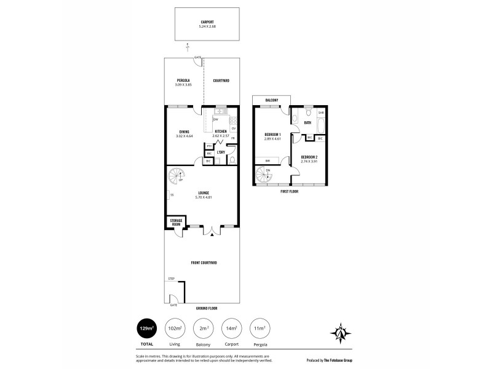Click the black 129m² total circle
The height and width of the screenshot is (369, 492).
tap(146, 329)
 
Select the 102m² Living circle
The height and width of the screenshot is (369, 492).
tap(175, 329)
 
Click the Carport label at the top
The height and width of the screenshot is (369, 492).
tap(207, 22)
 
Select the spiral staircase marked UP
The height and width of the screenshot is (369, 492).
tap(177, 178)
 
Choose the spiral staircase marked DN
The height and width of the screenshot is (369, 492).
tap(266, 176)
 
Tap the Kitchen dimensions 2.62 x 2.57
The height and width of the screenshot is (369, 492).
tap(220, 135)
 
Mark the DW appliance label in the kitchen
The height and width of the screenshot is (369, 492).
tap(216, 119)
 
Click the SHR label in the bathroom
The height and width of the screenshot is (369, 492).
tap(320, 113)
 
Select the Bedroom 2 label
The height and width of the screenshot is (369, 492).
tap(309, 157)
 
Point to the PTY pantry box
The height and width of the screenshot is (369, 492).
tap(209, 146)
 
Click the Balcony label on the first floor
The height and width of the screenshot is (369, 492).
tap(272, 100)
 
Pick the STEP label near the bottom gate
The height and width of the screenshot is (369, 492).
tap(171, 279)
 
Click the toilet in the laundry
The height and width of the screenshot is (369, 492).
tap(231, 160)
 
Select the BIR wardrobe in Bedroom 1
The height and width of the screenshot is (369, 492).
tap(268, 161)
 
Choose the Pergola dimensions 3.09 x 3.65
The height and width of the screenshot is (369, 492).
tap(184, 84)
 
